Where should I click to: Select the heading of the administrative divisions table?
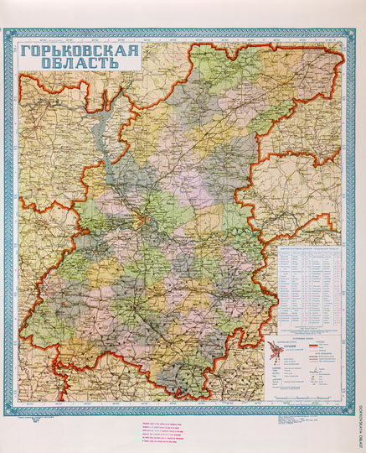[310, 249]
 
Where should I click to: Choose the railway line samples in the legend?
[323, 357]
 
